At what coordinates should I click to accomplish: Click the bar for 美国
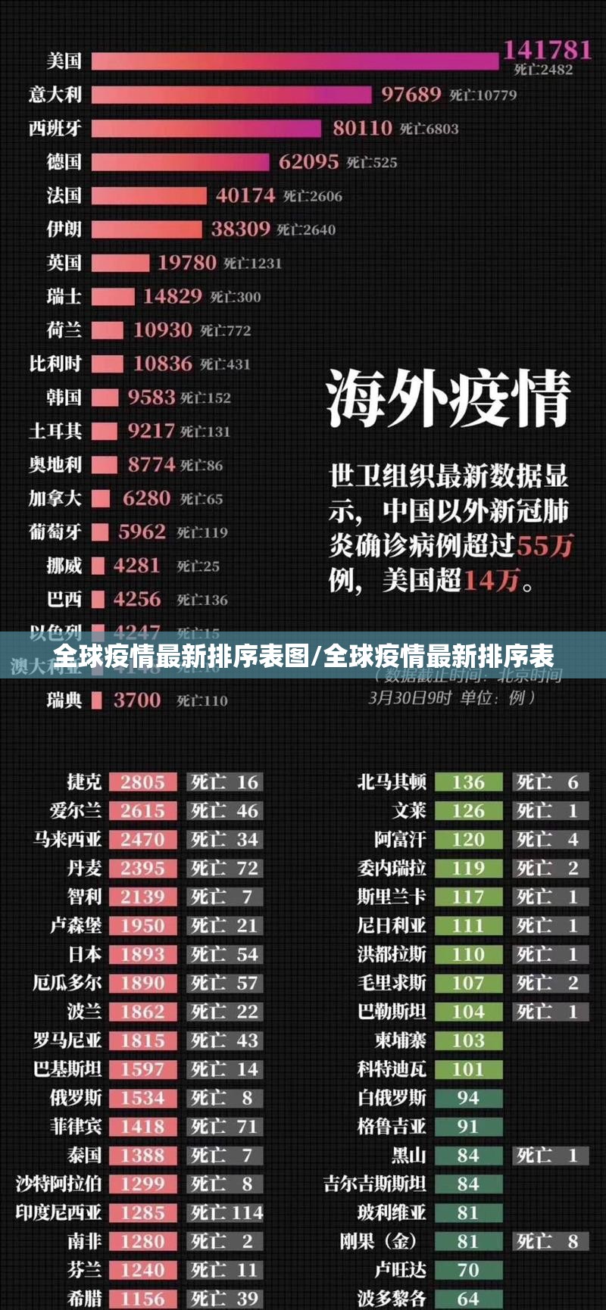295,61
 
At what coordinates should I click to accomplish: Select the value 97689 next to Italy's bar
411,95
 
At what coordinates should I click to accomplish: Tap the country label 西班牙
55,128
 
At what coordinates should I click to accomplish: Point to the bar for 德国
180,162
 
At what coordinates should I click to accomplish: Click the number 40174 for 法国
245,195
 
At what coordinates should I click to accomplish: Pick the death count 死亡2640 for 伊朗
306,229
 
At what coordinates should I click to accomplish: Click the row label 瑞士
64,296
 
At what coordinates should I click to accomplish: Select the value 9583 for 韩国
151,398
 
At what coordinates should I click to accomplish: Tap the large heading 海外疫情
448,398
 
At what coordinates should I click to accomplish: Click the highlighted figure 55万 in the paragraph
545,545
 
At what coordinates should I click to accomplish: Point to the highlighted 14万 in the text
492,581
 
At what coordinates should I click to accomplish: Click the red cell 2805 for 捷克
142,782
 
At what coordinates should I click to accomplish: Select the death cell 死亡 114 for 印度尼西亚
226,1213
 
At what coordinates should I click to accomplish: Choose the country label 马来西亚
67,840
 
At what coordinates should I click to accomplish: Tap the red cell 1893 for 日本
142,955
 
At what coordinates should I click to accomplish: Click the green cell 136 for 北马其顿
467,782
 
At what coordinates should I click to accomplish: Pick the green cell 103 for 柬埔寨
467,1041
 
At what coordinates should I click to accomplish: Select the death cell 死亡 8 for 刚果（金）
547,1242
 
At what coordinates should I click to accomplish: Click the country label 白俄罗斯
392,1098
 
